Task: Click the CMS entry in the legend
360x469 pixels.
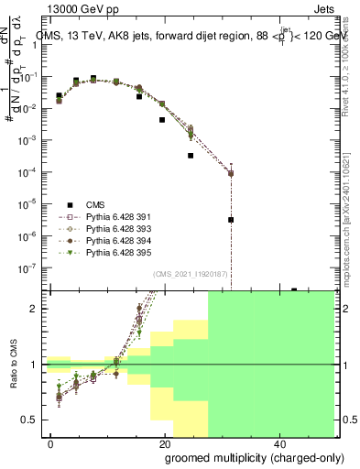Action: pyautogui.click(x=95, y=203)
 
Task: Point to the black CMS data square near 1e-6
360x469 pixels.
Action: pyautogui.click(x=231, y=220)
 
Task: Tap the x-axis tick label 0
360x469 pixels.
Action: pyautogui.click(x=51, y=442)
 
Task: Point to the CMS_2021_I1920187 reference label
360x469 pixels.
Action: pyautogui.click(x=191, y=274)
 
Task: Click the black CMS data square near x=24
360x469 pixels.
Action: pyautogui.click(x=191, y=156)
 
